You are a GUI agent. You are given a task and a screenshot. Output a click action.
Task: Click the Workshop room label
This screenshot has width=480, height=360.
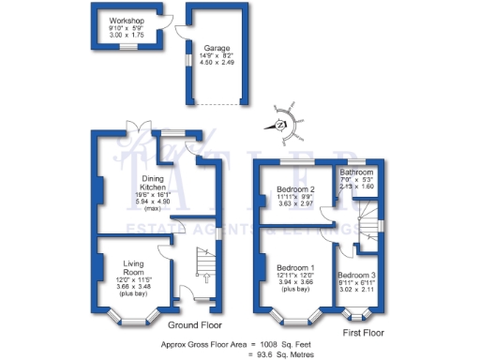click(x=126, y=20)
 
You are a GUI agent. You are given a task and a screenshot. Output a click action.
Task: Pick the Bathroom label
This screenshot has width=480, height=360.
click(x=356, y=173)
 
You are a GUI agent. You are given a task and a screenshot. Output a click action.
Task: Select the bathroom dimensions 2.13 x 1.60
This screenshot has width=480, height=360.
click(x=356, y=187)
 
